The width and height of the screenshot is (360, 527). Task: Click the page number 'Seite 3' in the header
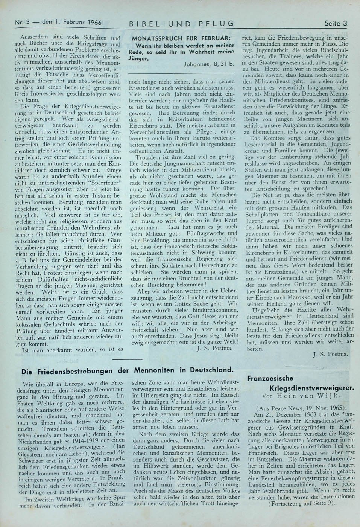(336, 23)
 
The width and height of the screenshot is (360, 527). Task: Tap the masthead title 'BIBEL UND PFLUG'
(181, 24)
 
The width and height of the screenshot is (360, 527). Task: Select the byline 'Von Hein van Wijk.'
(297, 396)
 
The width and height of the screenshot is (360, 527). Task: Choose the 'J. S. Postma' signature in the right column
(331, 354)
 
